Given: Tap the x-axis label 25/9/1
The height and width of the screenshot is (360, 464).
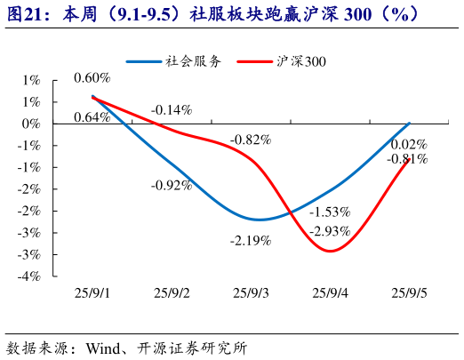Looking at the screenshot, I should [x=92, y=292].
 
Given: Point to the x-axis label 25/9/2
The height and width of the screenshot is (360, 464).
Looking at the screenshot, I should [x=172, y=292].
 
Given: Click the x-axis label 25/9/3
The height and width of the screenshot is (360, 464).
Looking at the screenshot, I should [x=252, y=292].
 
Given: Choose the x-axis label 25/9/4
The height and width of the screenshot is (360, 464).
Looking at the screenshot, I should [x=331, y=292].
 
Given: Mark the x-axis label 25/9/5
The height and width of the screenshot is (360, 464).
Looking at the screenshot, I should [x=410, y=292].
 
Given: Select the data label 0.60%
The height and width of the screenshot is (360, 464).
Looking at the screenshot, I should [x=92, y=78].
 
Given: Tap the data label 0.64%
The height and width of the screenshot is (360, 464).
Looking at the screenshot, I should [x=92, y=117].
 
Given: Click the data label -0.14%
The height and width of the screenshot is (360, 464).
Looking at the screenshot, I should [x=172, y=110].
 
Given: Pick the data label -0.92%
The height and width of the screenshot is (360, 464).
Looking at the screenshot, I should [x=172, y=185].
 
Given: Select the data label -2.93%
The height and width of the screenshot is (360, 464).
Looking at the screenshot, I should [x=330, y=230].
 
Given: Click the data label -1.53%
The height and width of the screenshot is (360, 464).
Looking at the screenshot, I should [x=330, y=212].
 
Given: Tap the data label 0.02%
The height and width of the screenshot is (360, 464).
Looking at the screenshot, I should [x=409, y=145].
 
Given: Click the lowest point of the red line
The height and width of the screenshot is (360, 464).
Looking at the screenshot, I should [x=331, y=251].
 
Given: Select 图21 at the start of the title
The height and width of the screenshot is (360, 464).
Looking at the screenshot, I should [x=24, y=15].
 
